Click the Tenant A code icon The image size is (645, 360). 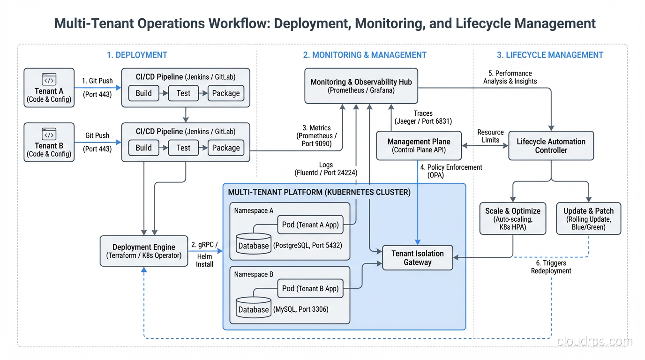tap(49, 79)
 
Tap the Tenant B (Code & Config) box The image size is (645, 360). tap(49, 142)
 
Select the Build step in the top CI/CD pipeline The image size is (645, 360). tap(143, 93)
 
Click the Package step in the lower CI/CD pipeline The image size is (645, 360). tap(225, 148)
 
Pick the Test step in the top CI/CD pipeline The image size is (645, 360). tap(183, 93)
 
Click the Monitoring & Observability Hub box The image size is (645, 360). tap(361, 86)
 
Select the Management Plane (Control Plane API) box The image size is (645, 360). tap(419, 146)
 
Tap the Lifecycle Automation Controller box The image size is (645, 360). tap(551, 146)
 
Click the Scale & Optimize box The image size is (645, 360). tap(512, 218)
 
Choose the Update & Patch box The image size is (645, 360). tap(588, 218)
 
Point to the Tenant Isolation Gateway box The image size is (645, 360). tap(417, 258)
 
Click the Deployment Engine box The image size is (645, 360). tap(144, 251)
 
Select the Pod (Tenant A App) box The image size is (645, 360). tap(310, 225)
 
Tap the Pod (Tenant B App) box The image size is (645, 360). tap(310, 289)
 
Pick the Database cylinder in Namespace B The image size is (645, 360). tap(254, 307)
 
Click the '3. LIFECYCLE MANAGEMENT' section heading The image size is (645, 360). tap(550, 55)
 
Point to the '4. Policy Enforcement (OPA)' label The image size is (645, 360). tap(451, 171)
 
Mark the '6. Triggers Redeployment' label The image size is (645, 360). tap(551, 267)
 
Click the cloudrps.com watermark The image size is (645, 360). tap(594, 342)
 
